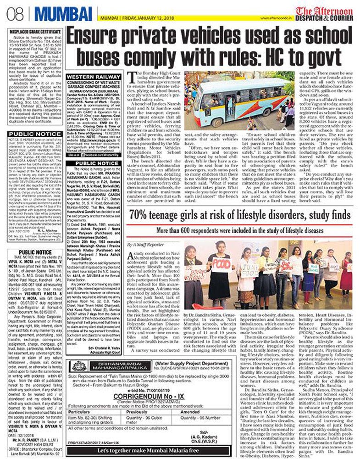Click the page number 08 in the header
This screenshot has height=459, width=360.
tap(10, 10)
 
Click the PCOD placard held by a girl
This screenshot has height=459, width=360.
tap(222, 264)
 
